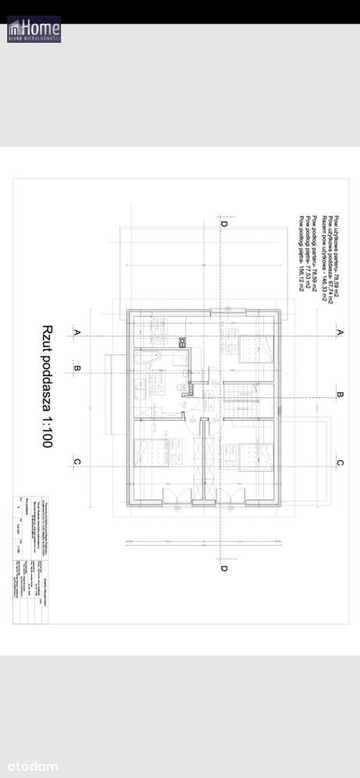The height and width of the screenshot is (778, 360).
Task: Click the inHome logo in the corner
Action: coord(34,29)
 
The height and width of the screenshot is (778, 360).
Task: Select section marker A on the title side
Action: coord(77,333)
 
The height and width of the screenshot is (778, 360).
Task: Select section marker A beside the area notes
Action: coord(340,332)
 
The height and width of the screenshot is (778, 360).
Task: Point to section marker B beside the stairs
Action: coord(340,396)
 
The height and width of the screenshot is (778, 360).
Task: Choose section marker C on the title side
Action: coord(77,462)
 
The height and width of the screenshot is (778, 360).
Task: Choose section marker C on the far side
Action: coord(340,463)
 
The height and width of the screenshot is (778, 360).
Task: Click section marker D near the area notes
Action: coord(224,224)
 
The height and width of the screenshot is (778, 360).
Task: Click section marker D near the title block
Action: coord(224,568)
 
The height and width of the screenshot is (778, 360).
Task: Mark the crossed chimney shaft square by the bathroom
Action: coord(182,341)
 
